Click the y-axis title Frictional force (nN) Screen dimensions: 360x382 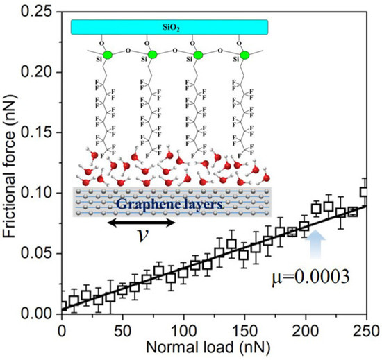coord(12,160)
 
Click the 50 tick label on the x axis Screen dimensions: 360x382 coord(122,327)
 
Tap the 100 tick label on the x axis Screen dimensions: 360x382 coord(183,327)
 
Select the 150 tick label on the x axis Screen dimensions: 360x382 coord(244,327)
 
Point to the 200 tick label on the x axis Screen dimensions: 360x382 coord(306,327)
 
